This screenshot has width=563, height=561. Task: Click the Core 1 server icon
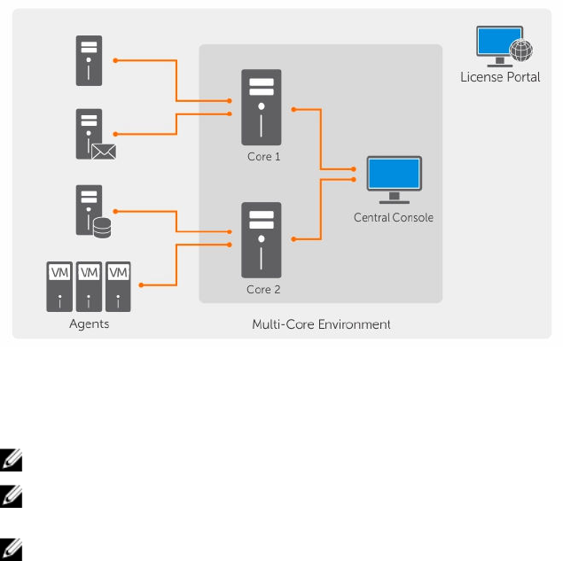[262, 106]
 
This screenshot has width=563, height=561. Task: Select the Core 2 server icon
[262, 239]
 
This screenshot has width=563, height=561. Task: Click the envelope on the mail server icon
[105, 152]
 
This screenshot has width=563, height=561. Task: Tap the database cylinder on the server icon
[102, 230]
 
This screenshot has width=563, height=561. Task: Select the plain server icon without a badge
[90, 60]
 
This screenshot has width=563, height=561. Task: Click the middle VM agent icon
[90, 285]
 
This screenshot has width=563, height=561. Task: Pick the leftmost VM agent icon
[60, 285]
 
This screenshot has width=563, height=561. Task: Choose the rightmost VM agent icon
[118, 285]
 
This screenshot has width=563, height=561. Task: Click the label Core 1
[263, 156]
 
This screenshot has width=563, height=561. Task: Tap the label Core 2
[263, 289]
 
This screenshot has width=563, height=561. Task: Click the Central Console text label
[394, 217]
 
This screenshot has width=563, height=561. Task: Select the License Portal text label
[501, 77]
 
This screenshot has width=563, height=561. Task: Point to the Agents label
[90, 323]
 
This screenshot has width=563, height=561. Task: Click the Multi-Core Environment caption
[321, 324]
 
